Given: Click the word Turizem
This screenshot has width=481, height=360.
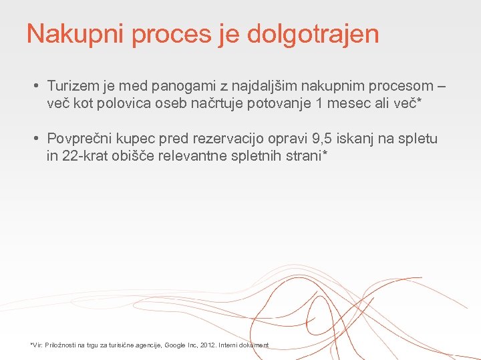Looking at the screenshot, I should click(73, 86).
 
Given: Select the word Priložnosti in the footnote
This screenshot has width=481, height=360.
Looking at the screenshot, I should click(61, 345).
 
